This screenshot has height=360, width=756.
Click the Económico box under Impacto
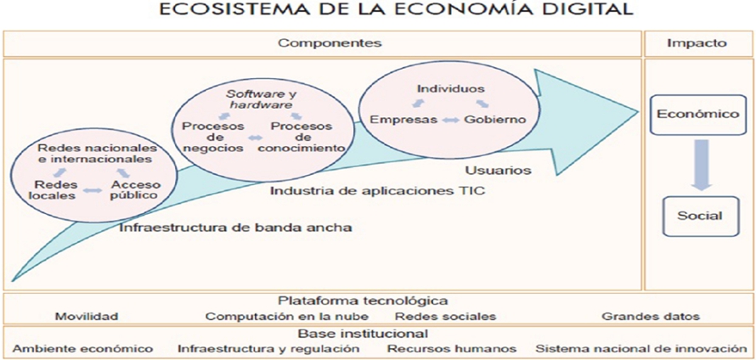pos(698,115)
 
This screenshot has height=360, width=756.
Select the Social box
pos(700,216)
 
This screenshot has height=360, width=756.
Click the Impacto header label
pos(697,43)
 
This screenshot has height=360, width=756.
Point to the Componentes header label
pos(330,43)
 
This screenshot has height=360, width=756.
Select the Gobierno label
pos(494,120)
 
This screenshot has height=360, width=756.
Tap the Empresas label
pos(403,120)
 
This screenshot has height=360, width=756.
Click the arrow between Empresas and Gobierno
pos(451,120)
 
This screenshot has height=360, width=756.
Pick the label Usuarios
pos(499,170)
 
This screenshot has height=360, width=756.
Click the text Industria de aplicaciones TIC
pos(377,191)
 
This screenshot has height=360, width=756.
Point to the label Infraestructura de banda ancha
pos(235,228)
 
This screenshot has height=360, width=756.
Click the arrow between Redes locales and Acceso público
pos(93,190)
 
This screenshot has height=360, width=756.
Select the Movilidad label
pos(87,317)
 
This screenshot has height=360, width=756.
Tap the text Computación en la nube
pos(287,317)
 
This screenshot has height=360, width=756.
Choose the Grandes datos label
pos(651,317)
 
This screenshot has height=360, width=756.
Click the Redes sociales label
pos(445,317)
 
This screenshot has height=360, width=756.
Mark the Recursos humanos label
pos(452,348)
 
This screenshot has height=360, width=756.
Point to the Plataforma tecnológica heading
pos(363,301)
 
